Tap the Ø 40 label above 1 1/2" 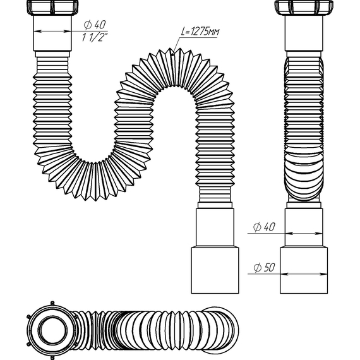[x=93, y=24]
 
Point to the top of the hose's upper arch [x=165, y=57]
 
